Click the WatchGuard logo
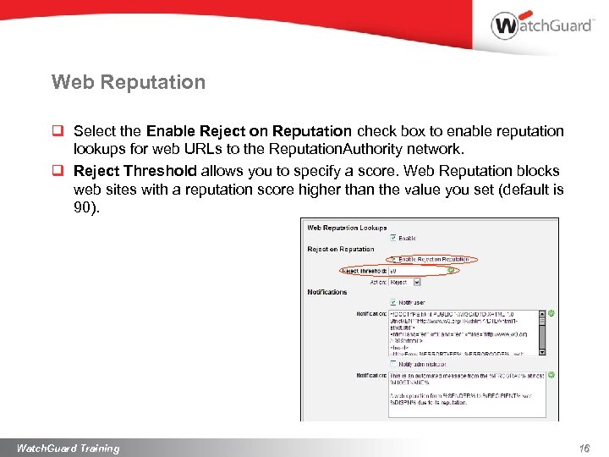point(541,25)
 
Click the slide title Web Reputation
point(128,82)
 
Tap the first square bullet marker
point(57,132)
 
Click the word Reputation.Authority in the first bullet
point(332,149)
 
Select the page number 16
point(584,448)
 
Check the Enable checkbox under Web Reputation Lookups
point(392,238)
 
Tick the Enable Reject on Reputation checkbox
point(392,259)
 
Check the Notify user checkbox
point(392,302)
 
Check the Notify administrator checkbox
point(392,363)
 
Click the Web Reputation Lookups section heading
point(347,228)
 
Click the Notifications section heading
point(327,292)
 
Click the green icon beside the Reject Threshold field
point(452,271)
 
